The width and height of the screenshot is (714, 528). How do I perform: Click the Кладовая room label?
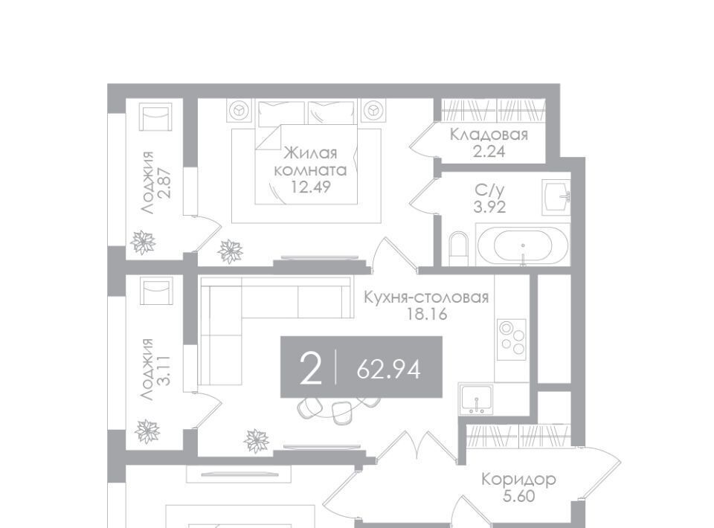pos(489,135)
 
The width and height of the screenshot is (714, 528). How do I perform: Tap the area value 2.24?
pos(489,152)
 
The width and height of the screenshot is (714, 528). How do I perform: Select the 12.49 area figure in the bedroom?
pos(311,187)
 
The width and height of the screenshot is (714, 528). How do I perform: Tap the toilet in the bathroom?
pos(458,248)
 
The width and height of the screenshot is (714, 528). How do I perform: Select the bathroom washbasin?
pos(556,196)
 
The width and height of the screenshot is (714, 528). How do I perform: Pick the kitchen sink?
pos(476,399)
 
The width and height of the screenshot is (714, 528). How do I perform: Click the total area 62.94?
pos(388,369)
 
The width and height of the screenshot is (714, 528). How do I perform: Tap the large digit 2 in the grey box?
pos(312,369)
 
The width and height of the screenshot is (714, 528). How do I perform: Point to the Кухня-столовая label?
pos(426,297)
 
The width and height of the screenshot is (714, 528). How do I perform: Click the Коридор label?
pos(518,480)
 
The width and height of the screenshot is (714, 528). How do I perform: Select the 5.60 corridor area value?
pos(519,496)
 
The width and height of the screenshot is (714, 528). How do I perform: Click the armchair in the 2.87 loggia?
pos(156,117)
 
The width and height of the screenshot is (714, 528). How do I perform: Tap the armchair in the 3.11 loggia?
pos(156,292)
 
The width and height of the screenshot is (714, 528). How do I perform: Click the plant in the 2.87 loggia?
pos(143,242)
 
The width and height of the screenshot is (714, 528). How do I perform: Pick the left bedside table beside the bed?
pos(239,110)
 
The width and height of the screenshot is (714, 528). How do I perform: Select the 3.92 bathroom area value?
pos(489,207)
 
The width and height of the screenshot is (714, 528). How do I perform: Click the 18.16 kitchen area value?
pos(427,314)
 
